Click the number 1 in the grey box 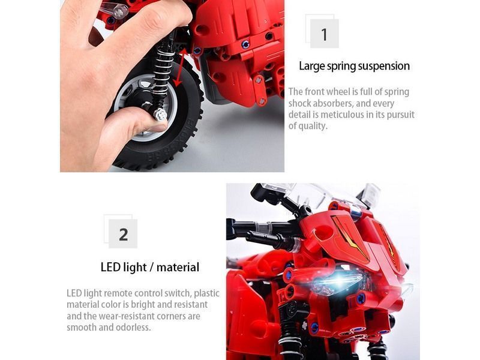pyautogui.click(x=324, y=34)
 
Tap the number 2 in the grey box pyautogui.click(x=124, y=235)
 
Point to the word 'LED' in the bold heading pyautogui.click(x=110, y=267)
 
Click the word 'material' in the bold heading pyautogui.click(x=178, y=267)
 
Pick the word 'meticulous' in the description pyautogui.click(x=342, y=115)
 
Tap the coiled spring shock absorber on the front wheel pyautogui.click(x=162, y=69)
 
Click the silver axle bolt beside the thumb pyautogui.click(x=160, y=115)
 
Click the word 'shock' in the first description pyautogui.click(x=299, y=103)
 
